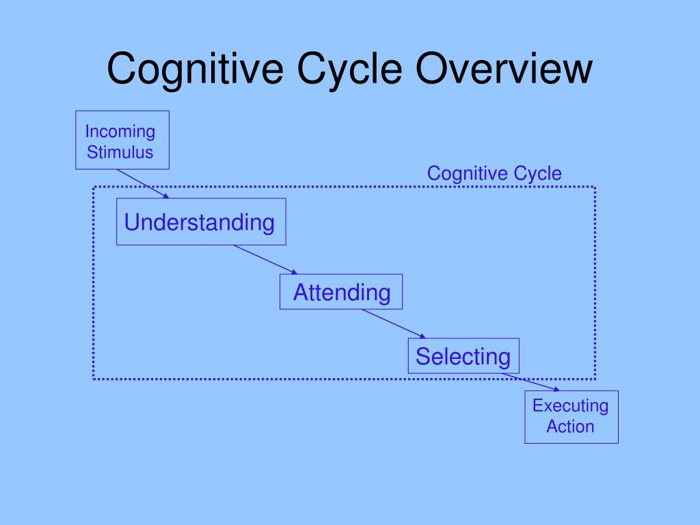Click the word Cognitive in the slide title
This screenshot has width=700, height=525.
[195, 69]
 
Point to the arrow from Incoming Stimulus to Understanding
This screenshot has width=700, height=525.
[143, 183]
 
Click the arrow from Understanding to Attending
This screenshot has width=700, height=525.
[265, 259]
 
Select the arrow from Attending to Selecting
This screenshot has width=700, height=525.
[393, 323]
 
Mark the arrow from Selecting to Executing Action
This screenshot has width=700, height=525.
[530, 382]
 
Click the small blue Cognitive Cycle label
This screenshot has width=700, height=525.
[494, 173]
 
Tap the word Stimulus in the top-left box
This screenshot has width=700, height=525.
[120, 152]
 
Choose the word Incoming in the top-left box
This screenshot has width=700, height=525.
[120, 132]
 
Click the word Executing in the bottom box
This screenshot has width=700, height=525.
[571, 406]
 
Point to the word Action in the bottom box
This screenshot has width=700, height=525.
[571, 427]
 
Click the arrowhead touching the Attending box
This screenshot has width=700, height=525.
[294, 272]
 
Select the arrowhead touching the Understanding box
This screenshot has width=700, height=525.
[166, 196]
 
